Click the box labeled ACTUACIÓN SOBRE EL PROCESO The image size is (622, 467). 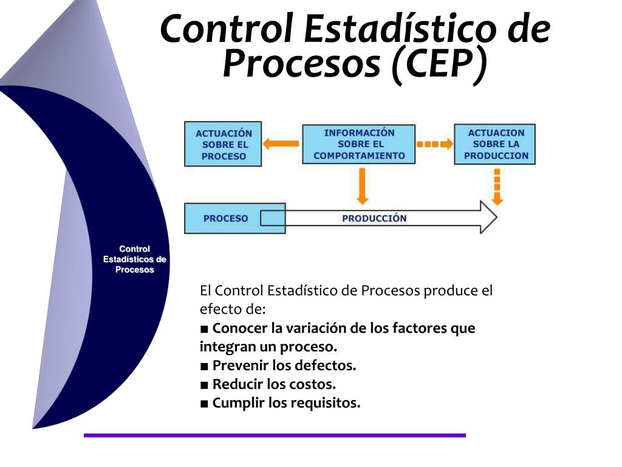pyautogui.click(x=223, y=144)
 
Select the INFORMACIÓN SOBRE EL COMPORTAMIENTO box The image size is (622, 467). pyautogui.click(x=358, y=144)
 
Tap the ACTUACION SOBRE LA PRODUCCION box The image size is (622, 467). pyautogui.click(x=495, y=144)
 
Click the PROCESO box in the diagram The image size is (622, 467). pyautogui.click(x=225, y=218)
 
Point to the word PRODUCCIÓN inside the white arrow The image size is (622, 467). pyautogui.click(x=374, y=218)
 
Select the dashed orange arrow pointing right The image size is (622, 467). pyautogui.click(x=434, y=144)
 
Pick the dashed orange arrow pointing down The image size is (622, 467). pyautogui.click(x=497, y=187)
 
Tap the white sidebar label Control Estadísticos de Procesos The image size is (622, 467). pyautogui.click(x=135, y=259)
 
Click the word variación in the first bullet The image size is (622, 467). pyautogui.click(x=318, y=328)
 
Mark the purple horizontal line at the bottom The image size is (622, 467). pyautogui.click(x=275, y=435)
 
